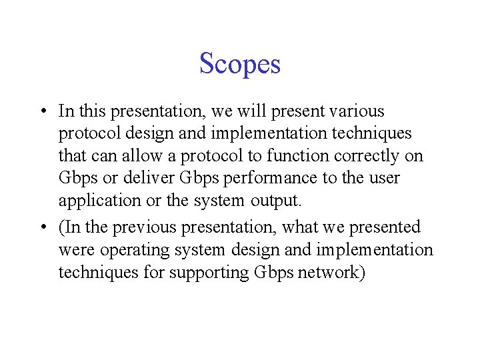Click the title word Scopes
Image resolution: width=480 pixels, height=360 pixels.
pos(240,64)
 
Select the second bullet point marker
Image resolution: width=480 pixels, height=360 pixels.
pos(43,228)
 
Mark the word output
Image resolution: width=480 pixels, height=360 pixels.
pos(279,201)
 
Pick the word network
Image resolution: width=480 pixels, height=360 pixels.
pos(329,273)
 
